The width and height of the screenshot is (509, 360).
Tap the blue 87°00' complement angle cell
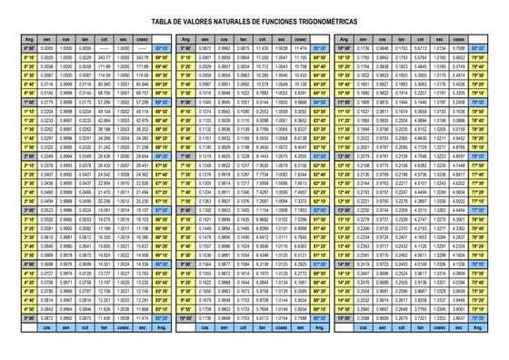click(163, 208)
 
